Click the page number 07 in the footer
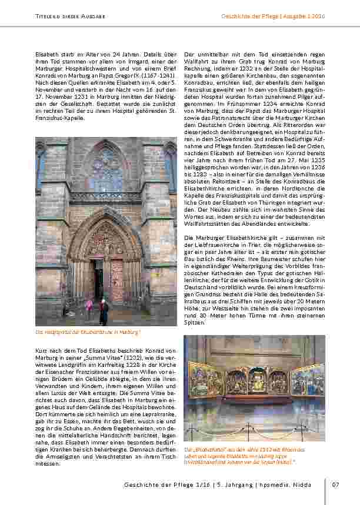point(335,484)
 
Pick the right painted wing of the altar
point(308,380)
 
